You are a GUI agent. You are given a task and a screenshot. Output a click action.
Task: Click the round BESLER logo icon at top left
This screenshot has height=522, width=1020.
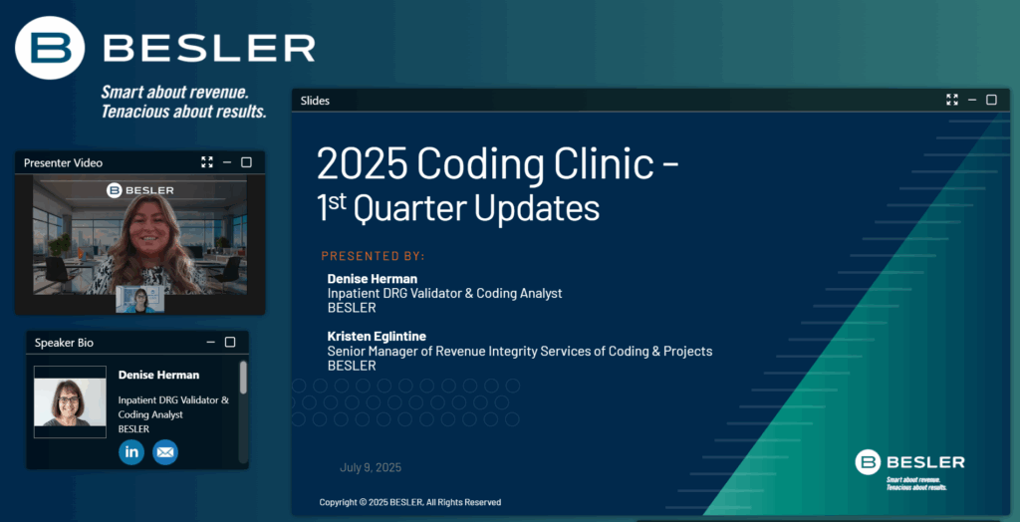[x=50, y=48]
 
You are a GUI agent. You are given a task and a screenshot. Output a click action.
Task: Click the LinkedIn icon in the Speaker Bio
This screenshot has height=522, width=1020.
[x=131, y=452]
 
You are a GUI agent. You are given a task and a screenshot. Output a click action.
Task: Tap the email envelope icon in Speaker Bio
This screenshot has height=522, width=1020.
[x=165, y=452]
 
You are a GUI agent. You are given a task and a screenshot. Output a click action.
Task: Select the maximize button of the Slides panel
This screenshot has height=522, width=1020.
[x=991, y=100]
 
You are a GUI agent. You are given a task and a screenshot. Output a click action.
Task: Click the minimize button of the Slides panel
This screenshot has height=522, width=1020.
[x=972, y=100]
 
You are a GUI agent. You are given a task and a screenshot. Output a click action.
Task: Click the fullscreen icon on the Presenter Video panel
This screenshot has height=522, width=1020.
[x=207, y=162]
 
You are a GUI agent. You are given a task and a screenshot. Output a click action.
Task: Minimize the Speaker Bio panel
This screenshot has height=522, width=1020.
[x=211, y=342]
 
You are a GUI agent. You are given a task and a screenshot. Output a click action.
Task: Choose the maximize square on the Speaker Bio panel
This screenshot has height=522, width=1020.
[x=230, y=342]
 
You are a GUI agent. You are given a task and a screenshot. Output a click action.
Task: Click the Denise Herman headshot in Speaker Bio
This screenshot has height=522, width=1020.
[x=71, y=401]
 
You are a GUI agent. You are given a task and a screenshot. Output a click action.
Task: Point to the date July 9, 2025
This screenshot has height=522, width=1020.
[x=371, y=467]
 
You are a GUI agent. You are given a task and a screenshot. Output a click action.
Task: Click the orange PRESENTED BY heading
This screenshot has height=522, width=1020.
[x=373, y=256]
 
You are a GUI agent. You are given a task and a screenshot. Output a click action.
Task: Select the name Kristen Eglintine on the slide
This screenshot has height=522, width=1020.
[x=377, y=337]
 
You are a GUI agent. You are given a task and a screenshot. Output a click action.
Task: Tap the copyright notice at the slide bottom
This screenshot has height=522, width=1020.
[x=409, y=502]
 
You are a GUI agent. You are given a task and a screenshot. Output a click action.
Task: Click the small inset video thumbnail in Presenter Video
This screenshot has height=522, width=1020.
[x=139, y=300]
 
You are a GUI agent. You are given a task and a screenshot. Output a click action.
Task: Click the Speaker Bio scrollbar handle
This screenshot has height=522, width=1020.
[x=243, y=378]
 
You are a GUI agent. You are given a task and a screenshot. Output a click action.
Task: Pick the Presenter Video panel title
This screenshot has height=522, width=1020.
[x=63, y=162]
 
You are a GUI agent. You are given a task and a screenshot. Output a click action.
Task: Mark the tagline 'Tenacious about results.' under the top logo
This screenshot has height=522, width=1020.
[x=184, y=112]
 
